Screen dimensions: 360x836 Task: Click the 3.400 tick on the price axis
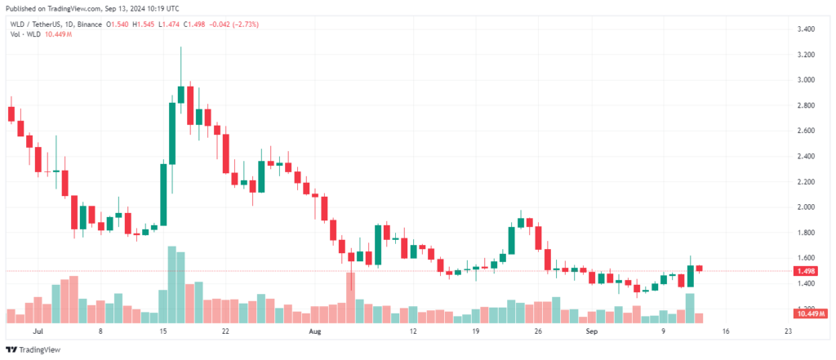click(807, 29)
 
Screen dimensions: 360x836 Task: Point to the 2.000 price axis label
click(807, 207)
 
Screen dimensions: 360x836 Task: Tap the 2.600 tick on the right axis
click(807, 131)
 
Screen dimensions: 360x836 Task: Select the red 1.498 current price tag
click(807, 271)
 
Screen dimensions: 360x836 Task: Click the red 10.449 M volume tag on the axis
click(811, 313)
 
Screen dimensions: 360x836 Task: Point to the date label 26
click(537, 333)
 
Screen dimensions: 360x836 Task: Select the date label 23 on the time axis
click(787, 333)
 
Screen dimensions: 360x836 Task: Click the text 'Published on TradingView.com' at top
click(57, 7)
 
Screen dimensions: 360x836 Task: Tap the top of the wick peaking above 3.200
click(180, 48)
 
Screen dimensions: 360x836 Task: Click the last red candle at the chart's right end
click(699, 269)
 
